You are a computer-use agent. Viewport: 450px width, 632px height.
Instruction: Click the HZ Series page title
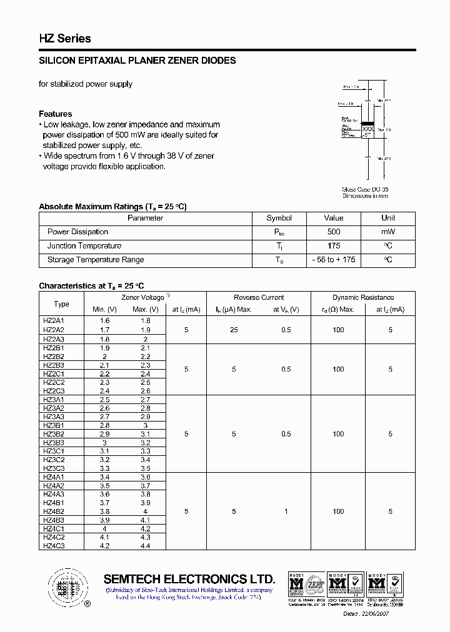65,39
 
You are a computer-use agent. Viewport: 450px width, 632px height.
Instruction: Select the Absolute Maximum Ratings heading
112,206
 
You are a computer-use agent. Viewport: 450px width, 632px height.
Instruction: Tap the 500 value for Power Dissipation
333,232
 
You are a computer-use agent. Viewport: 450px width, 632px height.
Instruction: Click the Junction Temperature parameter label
84,246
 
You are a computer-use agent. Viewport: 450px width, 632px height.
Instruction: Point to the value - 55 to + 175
333,260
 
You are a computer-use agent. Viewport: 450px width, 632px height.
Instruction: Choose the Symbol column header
279,218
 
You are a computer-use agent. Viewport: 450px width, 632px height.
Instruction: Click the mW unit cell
388,232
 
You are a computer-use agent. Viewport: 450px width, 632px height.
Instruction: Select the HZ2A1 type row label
54,320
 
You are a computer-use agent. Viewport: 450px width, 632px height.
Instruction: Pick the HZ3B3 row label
54,443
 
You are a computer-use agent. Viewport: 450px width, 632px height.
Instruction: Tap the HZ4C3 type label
54,546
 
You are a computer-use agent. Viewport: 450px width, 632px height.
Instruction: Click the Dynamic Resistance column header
363,298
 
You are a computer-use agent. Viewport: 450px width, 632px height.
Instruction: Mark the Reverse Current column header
259,298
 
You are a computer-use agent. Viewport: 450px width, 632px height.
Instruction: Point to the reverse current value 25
234,330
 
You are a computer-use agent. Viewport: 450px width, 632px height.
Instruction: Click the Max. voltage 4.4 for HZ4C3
146,546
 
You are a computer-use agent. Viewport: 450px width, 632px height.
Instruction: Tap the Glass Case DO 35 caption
365,189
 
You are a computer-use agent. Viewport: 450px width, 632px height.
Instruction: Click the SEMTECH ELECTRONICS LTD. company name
189,578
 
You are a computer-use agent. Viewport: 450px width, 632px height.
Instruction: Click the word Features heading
55,114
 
